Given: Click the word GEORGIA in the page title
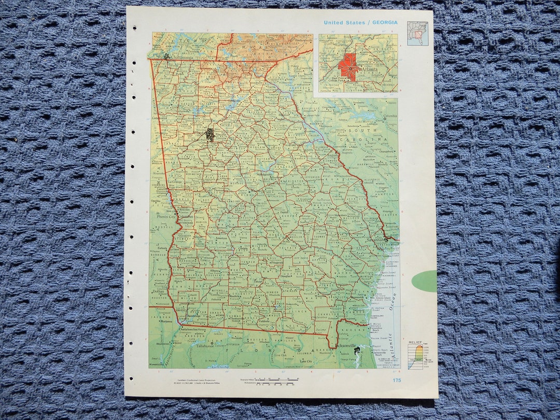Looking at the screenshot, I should click(384, 22).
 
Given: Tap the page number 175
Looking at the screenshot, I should click(397, 380).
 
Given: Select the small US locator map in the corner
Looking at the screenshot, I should click(417, 33).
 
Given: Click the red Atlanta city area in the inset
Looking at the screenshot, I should click(348, 67).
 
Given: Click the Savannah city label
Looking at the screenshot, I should click(377, 240).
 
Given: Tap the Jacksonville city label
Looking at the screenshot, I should click(345, 345).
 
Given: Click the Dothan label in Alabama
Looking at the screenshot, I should click(158, 291).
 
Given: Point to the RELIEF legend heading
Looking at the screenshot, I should click(415, 343).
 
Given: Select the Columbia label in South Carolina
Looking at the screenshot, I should click(390, 116).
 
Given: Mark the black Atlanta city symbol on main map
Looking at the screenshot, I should click(209, 134).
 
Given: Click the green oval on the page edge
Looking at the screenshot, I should click(425, 281).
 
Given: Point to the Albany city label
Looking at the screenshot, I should click(214, 271).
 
